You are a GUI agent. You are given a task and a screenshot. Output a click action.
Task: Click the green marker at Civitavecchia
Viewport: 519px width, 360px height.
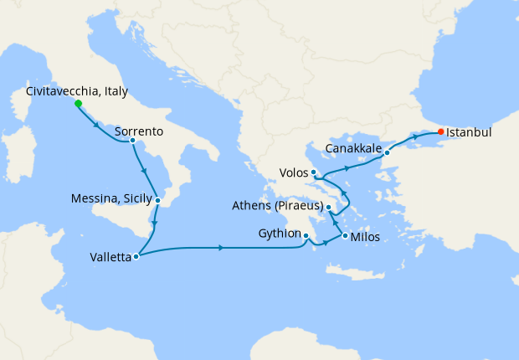pos(78,104)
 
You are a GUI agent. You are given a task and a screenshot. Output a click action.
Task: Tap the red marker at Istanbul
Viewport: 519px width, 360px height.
pos(441,132)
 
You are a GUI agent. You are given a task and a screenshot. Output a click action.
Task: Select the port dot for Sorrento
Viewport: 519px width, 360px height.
pos(132,141)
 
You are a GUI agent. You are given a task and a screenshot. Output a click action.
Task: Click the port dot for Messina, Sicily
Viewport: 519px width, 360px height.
pos(157,200)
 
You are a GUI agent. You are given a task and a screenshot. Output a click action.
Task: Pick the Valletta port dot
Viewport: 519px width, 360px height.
pos(136,257)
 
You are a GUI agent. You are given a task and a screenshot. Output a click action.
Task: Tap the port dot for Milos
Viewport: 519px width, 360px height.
pos(345,236)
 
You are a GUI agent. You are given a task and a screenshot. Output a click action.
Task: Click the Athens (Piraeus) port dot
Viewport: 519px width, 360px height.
pos(329,207)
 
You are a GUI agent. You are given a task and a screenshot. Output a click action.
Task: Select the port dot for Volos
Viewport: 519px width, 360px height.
pos(313,172)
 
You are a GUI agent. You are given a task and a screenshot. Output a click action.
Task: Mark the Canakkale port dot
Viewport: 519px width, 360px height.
pos(387,152)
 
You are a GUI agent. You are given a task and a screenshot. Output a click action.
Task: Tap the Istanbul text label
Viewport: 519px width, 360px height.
pos(469,132)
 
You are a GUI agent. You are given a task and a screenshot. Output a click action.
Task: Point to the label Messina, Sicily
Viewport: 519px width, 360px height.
pos(112,199)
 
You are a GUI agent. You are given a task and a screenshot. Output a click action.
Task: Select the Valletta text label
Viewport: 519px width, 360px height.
pos(110,258)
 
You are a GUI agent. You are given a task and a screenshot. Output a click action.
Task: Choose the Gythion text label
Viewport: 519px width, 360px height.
pos(278,234)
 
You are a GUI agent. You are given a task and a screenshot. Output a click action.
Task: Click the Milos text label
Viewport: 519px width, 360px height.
pos(365,237)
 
